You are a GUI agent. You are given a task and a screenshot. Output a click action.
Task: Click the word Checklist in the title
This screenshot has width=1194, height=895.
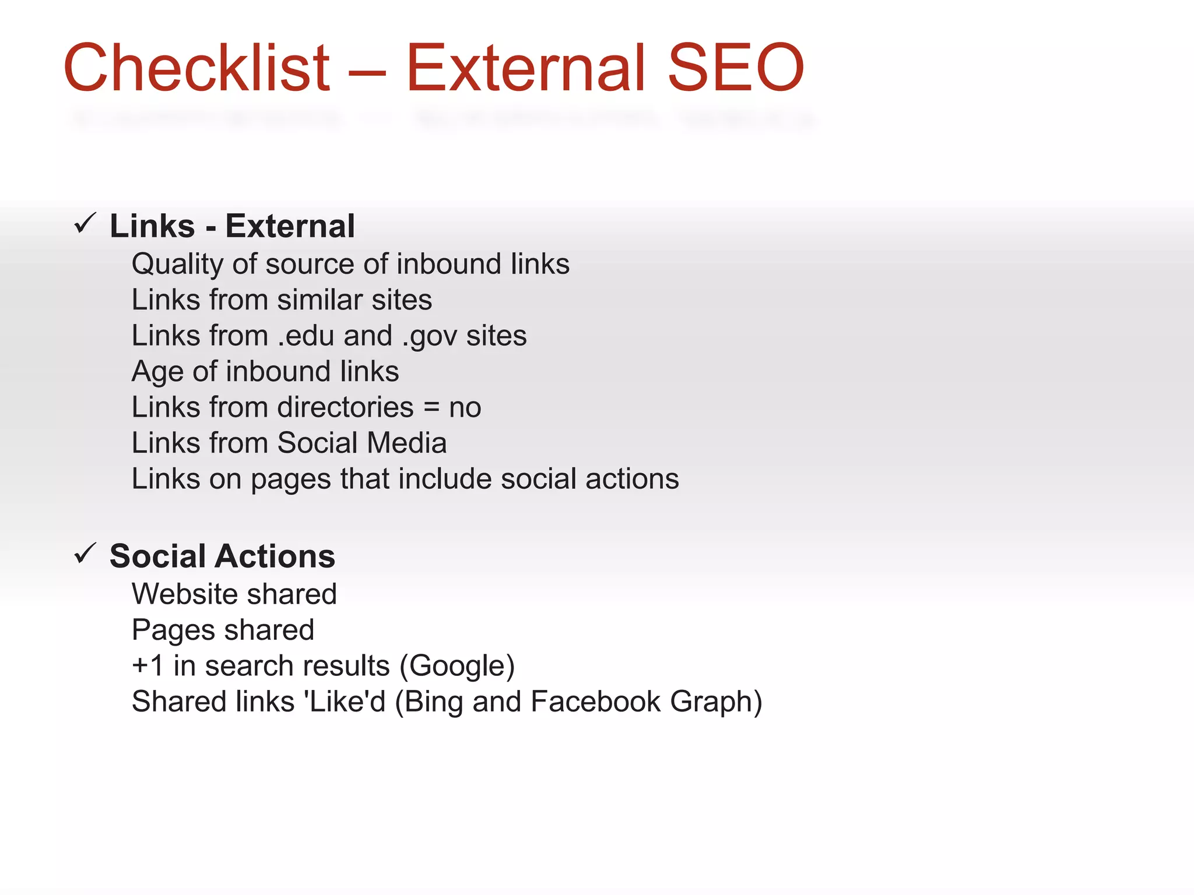(x=197, y=68)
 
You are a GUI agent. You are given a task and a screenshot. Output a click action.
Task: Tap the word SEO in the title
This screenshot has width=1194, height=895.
(x=735, y=68)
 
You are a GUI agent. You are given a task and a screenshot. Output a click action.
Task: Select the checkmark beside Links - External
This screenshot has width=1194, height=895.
(x=85, y=224)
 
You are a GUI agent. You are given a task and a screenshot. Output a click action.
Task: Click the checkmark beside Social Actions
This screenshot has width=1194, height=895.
(x=85, y=554)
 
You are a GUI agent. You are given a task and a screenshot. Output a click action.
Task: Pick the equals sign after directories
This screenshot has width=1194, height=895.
(x=431, y=408)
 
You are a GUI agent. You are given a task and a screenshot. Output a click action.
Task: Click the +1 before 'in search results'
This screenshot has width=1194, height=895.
(x=148, y=666)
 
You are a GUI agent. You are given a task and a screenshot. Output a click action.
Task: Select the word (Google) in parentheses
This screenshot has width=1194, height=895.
(x=456, y=667)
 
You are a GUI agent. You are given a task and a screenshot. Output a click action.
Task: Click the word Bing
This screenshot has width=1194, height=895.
(x=434, y=703)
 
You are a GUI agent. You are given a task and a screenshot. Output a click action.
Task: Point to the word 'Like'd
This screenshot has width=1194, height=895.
(x=345, y=702)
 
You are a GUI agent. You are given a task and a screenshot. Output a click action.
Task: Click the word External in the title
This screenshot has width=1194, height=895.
(x=525, y=68)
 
